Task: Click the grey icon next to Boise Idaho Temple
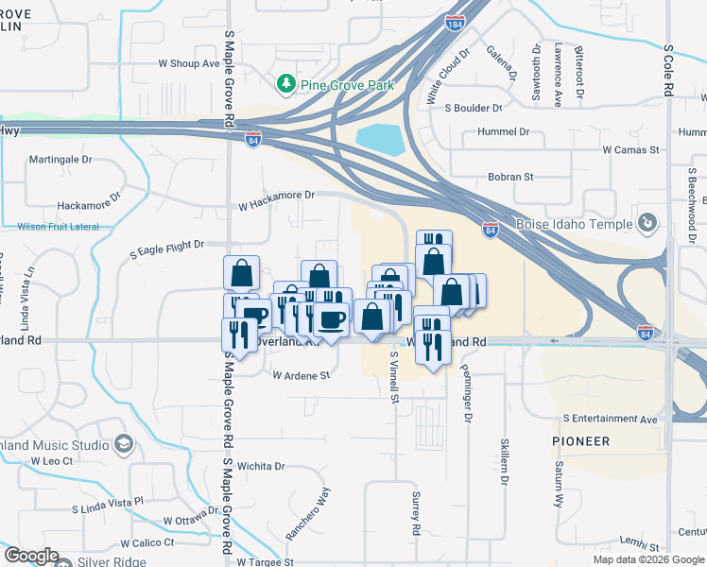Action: coord(648,224)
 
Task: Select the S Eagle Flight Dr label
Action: coord(167,244)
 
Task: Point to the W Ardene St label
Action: coord(301,375)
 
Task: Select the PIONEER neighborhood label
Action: coord(581,441)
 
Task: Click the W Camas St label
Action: coord(630,149)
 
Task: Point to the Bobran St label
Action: coord(510,177)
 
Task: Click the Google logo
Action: coord(32,556)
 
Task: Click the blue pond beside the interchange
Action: coord(379,141)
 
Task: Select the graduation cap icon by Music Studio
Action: coord(123,444)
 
